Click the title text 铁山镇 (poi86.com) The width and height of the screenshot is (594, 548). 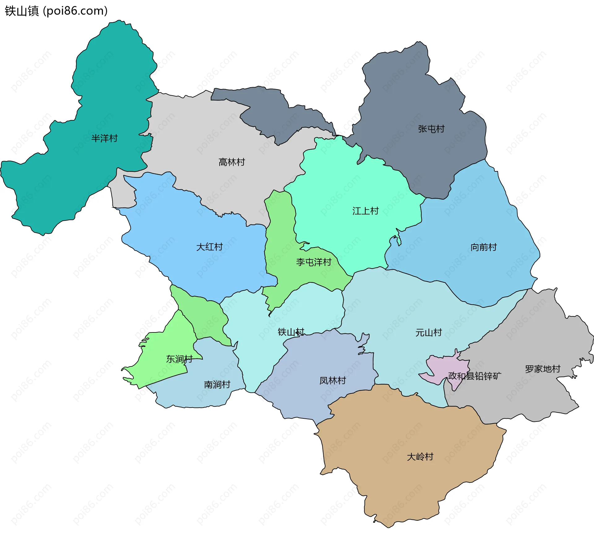point(56,11)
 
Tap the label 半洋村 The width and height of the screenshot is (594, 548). point(104,138)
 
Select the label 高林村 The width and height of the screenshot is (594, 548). point(231,162)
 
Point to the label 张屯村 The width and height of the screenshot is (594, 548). point(431,129)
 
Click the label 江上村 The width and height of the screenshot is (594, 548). point(365,211)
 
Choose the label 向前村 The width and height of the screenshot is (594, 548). point(483,247)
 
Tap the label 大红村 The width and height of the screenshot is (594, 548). point(209,247)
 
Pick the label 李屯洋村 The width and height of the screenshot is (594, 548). point(313,262)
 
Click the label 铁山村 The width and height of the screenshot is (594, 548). point(291,332)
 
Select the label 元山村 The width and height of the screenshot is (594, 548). point(428,332)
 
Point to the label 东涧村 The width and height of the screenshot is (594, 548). point(179,359)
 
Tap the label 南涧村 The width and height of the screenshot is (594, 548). point(217,384)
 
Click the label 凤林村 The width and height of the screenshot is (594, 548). point(333,380)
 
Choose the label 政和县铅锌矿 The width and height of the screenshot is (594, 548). point(474,376)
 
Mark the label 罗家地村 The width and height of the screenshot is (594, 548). point(542,369)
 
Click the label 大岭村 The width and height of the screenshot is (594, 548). point(420,457)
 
